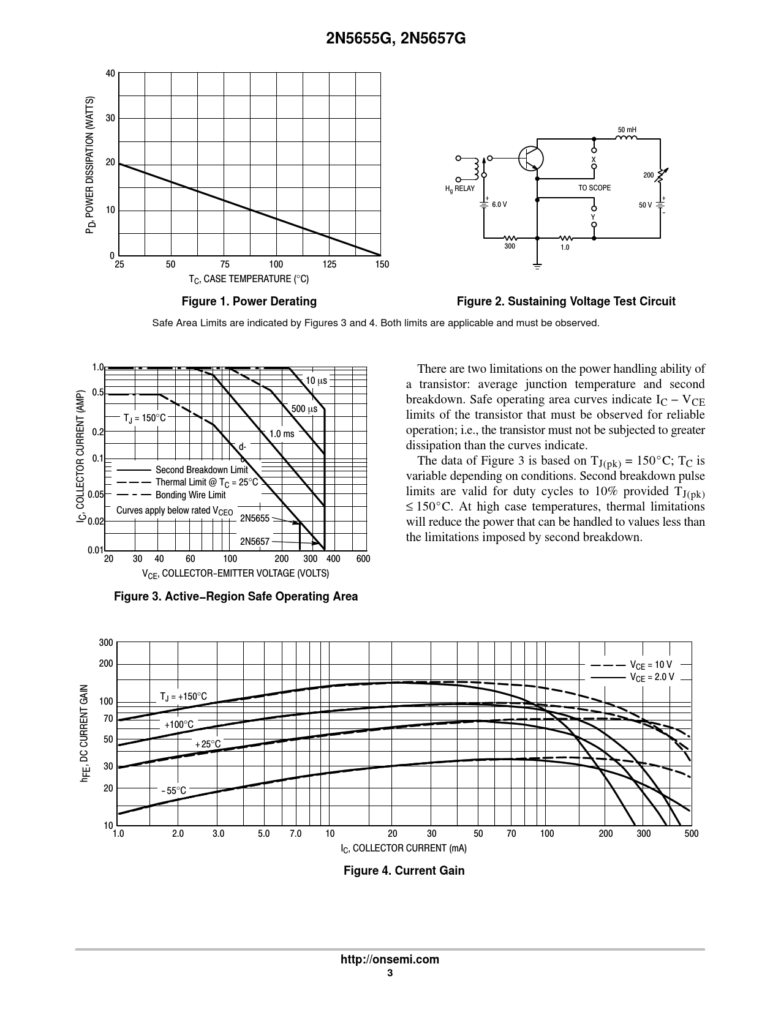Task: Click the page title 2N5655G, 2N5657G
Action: [390, 39]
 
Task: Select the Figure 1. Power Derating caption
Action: [249, 301]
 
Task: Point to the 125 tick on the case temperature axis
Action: [330, 264]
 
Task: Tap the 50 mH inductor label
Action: [627, 130]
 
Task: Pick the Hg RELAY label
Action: [459, 189]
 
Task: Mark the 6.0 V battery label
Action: [499, 204]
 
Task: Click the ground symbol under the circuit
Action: [537, 265]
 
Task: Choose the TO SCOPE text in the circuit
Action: [594, 188]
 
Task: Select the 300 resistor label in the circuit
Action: [510, 246]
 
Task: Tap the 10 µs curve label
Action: [316, 381]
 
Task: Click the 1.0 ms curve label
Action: [282, 433]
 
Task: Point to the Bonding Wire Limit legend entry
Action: [190, 495]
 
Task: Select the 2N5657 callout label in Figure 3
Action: [255, 542]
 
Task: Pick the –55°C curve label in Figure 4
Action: [174, 791]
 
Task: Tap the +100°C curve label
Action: [179, 725]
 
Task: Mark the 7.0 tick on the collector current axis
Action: [295, 834]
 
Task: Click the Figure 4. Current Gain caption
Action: [404, 870]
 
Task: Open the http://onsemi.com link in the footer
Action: [390, 959]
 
